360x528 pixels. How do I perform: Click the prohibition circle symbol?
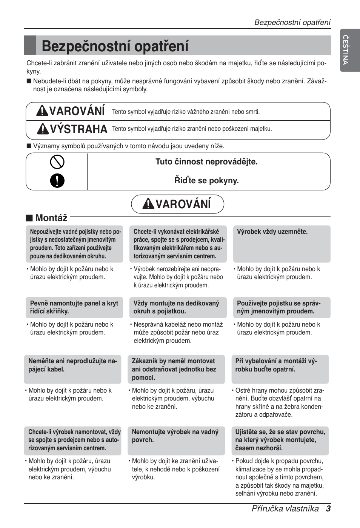tap(57, 162)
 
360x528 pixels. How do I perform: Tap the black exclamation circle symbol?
tap(57, 181)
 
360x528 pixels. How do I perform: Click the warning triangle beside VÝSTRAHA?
tap(43, 129)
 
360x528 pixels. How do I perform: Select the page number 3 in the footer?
tap(328, 508)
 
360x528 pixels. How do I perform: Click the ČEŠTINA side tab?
tap(345, 49)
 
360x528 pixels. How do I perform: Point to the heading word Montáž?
tap(51, 218)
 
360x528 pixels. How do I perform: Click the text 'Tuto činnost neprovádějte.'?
tap(206, 162)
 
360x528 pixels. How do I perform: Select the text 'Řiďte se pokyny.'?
tap(206, 181)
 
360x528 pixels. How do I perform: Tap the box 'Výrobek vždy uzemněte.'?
tap(282, 244)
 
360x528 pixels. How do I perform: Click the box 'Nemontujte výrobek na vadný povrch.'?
tap(176, 440)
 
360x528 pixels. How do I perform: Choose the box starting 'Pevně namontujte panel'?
tap(74, 307)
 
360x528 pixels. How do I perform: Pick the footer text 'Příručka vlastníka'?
tap(285, 508)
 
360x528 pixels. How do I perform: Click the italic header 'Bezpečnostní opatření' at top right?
tap(292, 22)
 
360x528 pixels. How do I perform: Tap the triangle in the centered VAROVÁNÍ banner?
tap(149, 204)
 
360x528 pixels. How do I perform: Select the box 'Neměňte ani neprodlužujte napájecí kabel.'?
tap(72, 369)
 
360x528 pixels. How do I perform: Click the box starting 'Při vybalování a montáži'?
tap(280, 369)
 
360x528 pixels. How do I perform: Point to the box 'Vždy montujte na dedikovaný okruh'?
tap(177, 307)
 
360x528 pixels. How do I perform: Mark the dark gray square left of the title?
tap(30, 45)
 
